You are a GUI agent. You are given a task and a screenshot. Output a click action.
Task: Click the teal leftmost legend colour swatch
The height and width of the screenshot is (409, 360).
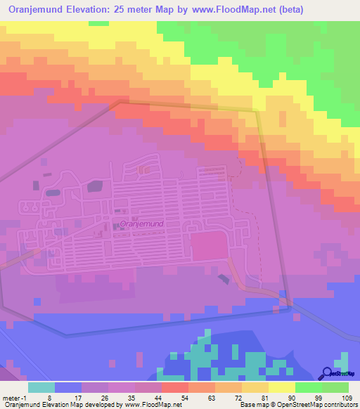(x=41, y=387)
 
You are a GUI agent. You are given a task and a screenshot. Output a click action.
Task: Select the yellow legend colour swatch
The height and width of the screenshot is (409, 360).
(x=282, y=387)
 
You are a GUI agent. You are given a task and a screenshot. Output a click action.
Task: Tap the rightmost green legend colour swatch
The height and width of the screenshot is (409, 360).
(x=335, y=387)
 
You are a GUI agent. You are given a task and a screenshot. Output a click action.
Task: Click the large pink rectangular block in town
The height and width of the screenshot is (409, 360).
(x=210, y=247)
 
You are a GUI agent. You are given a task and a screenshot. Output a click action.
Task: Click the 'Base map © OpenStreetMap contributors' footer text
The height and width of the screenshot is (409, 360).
(x=297, y=405)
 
